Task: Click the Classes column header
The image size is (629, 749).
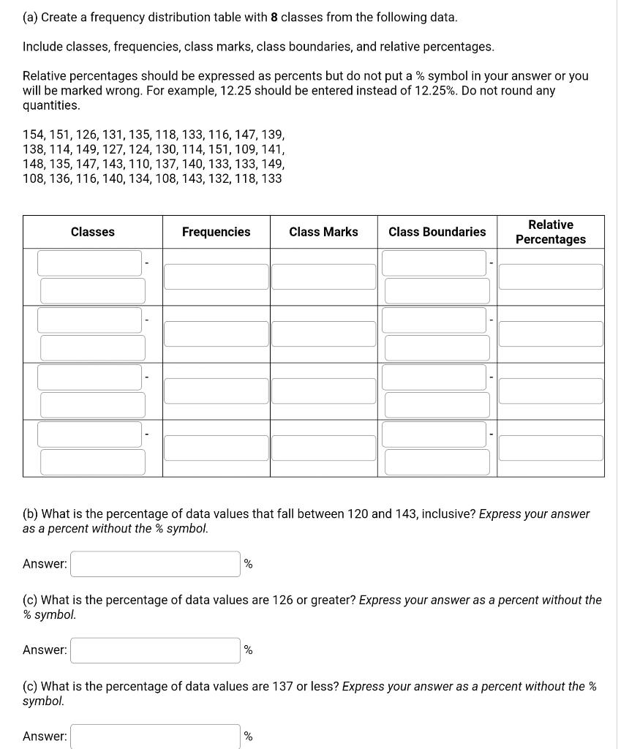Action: pos(92,232)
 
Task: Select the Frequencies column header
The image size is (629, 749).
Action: pos(216,232)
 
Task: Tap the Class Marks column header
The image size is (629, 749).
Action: pos(323,232)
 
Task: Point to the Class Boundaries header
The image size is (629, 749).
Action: pos(437,232)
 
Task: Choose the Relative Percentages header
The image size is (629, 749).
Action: pos(550,232)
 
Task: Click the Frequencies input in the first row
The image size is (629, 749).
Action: pos(216,276)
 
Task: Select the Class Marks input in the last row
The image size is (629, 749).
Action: pos(323,448)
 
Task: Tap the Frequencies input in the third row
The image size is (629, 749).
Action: pos(216,391)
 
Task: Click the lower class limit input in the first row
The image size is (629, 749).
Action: pos(89,263)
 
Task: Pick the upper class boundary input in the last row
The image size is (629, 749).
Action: pos(437,462)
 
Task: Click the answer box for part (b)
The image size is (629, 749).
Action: pos(155,564)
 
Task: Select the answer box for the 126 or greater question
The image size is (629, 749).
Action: pos(155,650)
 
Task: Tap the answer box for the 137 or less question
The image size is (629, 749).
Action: pos(155,736)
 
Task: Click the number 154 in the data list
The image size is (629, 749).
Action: pos(34,135)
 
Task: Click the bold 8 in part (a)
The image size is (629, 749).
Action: pos(274,17)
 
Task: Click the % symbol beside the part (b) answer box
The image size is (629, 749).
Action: pos(248,564)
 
